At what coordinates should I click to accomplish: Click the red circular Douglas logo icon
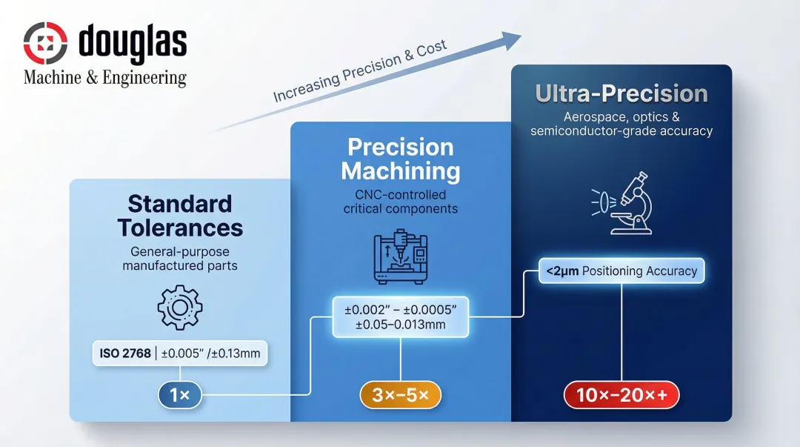tap(46, 42)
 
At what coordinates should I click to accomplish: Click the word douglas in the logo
tap(131, 43)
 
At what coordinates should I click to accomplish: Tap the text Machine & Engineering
tap(105, 78)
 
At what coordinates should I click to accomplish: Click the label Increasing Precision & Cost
tap(360, 72)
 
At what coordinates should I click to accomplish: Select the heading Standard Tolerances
tap(180, 215)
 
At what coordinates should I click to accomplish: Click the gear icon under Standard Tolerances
tap(179, 307)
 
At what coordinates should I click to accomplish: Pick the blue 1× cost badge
tap(180, 396)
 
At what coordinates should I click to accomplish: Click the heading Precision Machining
tap(400, 159)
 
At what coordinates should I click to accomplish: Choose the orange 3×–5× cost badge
tap(400, 396)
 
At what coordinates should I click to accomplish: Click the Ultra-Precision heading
tap(621, 94)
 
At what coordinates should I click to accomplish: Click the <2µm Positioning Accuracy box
tap(621, 271)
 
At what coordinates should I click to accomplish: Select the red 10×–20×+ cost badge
tap(621, 396)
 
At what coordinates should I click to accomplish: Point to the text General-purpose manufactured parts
tap(180, 258)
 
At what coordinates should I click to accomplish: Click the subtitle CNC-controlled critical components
tap(400, 202)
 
